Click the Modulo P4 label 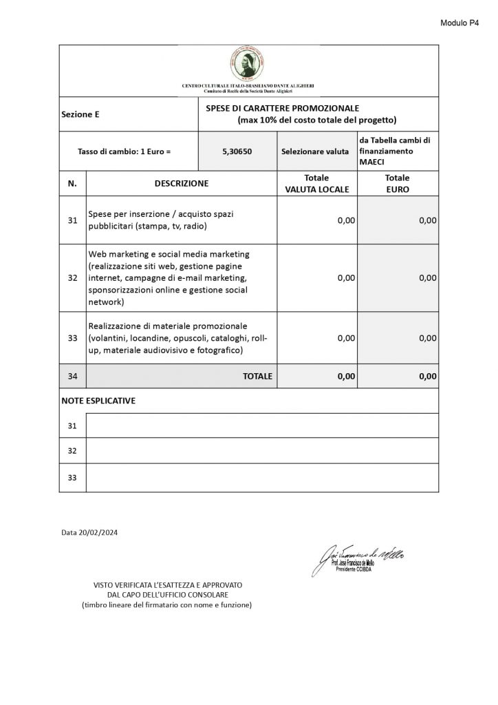click(x=459, y=23)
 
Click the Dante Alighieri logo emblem click(x=248, y=65)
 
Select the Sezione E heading click(x=80, y=114)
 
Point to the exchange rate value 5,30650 click(x=237, y=151)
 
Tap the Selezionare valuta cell click(x=315, y=151)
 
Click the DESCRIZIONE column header click(x=182, y=183)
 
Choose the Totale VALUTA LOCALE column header click(x=316, y=183)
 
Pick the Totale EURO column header click(x=397, y=183)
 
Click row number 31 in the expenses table click(x=72, y=220)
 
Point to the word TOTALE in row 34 click(x=257, y=377)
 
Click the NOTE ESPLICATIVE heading click(x=98, y=401)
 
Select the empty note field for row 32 click(x=261, y=450)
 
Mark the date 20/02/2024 click(x=85, y=532)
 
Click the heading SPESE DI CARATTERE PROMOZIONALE click(x=282, y=109)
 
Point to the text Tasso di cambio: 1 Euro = click(x=124, y=151)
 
